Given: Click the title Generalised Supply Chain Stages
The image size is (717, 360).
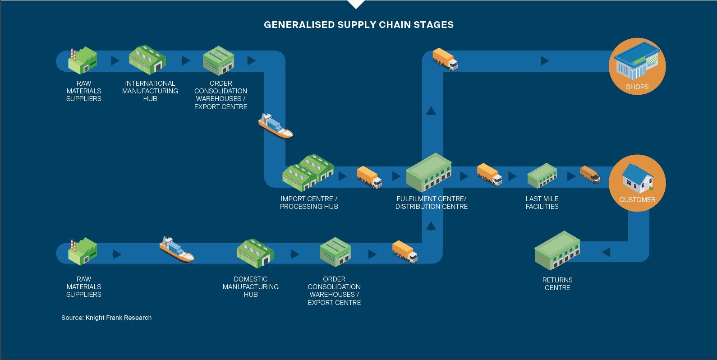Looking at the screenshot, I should [x=358, y=25].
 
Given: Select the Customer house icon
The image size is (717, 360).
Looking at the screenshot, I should [x=637, y=178].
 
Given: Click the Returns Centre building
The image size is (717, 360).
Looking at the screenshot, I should [x=557, y=250].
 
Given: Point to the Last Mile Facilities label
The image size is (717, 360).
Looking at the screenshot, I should [x=542, y=203].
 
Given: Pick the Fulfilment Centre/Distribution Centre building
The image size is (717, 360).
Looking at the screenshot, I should [x=428, y=173].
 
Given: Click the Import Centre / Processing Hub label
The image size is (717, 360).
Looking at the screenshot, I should [x=309, y=203].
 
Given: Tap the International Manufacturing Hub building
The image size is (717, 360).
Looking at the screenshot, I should [x=147, y=60].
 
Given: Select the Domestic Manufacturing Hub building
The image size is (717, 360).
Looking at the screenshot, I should [x=255, y=253].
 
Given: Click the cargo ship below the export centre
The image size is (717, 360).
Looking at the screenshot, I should [x=275, y=126].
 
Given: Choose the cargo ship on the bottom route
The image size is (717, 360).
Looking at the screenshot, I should [x=176, y=249].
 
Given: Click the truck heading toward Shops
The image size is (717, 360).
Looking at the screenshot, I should [x=445, y=59].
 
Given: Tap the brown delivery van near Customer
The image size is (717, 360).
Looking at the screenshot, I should [x=590, y=175].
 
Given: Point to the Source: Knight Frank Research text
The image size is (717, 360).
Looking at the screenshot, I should [x=106, y=318].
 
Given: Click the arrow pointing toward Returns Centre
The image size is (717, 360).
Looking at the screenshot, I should [x=606, y=252].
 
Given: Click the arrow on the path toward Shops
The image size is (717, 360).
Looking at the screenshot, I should [x=545, y=60].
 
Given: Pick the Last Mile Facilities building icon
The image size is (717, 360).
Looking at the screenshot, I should [x=542, y=175].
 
